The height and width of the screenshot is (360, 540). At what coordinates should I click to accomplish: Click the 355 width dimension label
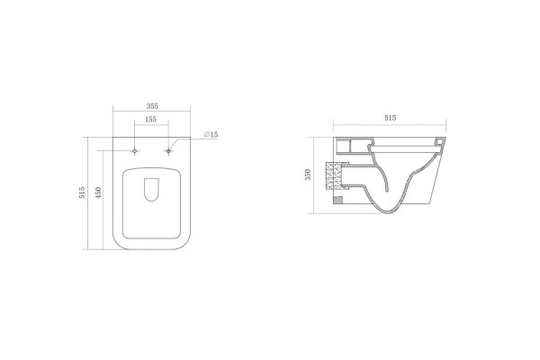152,106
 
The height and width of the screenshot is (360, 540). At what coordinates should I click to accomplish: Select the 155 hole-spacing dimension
151,119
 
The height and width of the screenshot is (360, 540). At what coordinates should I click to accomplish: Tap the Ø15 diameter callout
211,134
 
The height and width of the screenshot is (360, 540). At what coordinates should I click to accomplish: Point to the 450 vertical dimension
98,193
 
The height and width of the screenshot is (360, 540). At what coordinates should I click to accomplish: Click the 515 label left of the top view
82,193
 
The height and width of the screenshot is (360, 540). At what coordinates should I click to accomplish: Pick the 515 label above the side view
390,118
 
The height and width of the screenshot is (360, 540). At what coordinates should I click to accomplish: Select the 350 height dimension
308,175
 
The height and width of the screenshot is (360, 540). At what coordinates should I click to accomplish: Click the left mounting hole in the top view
135,151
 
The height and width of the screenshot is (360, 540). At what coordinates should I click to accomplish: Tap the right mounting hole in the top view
168,151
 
